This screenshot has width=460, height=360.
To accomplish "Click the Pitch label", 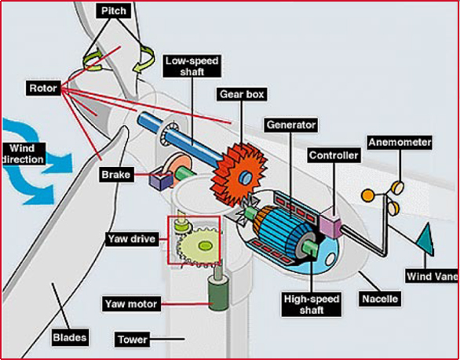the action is pos(114,12).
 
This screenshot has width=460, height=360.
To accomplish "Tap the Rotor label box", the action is pos(43,89).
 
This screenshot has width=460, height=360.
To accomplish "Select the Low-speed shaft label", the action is pos(192,67).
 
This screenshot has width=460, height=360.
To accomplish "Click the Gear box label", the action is pos(242,94).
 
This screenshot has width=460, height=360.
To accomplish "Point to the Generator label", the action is pos(291,125).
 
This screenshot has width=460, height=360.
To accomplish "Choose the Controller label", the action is pos(334,155).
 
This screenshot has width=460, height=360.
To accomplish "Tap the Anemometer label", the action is pos(400,143).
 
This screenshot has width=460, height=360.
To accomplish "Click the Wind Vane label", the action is pos(432,276).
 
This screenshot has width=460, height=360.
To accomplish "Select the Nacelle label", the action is pos(380,299).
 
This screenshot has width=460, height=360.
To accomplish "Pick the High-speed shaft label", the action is pos(312,304).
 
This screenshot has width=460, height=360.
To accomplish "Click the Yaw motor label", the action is pos(131,304).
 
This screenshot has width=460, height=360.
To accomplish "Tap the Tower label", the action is pos(133,340).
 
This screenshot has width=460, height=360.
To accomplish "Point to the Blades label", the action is pos(70,337).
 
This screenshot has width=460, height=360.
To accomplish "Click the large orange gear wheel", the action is pos(239,175).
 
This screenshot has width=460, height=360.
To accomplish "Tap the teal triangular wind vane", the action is pos(425,240).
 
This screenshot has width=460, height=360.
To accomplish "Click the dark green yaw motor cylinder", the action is pos(218,293).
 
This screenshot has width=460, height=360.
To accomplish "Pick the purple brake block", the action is pos(161,180).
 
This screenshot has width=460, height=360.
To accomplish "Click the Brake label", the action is pos(116,175).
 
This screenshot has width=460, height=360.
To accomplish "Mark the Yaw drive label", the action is pos(132,239).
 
